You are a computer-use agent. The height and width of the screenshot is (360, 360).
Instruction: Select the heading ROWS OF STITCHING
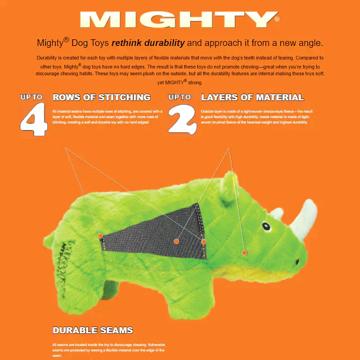tap(101, 97)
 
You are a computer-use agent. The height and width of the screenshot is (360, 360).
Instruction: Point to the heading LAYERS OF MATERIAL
tap(252, 97)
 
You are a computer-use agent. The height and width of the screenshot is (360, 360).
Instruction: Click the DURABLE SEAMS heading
tap(93, 330)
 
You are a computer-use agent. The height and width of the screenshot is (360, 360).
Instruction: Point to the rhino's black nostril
tap(297, 260)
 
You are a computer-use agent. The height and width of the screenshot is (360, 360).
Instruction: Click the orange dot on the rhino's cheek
tap(244, 253)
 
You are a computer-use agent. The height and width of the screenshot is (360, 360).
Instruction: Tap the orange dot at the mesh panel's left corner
tap(100, 236)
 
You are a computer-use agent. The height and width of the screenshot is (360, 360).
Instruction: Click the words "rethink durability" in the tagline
tap(148, 43)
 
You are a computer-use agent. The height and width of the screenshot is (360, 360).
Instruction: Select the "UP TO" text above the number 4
tap(31, 97)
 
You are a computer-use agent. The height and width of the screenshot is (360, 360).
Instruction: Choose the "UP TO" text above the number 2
tap(179, 97)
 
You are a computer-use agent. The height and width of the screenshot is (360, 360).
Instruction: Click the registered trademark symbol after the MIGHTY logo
tap(277, 19)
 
